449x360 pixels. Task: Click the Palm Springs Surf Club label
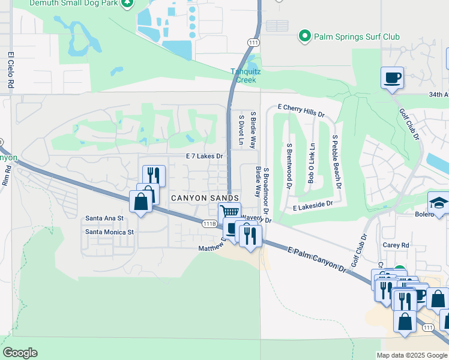[x=357, y=37]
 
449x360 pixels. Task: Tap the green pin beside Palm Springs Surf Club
[x=305, y=37]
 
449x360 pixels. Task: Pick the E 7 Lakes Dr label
[x=204, y=156]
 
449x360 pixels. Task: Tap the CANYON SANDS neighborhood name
[x=205, y=197]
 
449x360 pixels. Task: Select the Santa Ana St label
[x=104, y=218]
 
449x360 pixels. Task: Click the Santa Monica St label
[x=109, y=232]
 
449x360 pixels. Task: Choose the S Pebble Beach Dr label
[x=337, y=161]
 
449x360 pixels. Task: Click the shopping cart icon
[x=229, y=211]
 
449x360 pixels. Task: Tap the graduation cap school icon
[x=439, y=202]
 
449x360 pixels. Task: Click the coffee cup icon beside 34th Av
[x=392, y=77]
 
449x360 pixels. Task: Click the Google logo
[x=20, y=353]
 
